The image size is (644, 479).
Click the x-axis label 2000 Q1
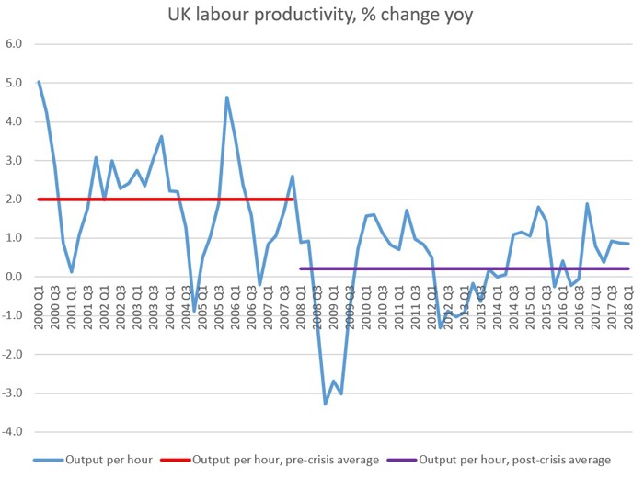tap(39, 304)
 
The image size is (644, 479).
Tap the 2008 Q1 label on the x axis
tap(301, 304)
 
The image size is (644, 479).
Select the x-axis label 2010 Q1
tap(366, 304)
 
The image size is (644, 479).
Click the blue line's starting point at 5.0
tap(39, 82)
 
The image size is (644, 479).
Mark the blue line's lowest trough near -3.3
tap(326, 404)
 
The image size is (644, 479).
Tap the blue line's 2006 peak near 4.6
tap(227, 97)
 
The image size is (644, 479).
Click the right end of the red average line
tap(293, 200)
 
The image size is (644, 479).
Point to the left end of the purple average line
tap(301, 268)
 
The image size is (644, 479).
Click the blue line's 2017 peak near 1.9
tap(588, 204)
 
